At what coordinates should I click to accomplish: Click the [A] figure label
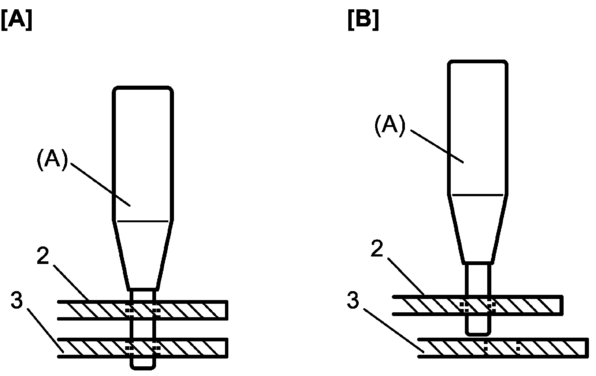[x=16, y=21]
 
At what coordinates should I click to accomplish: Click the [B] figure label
[x=364, y=21]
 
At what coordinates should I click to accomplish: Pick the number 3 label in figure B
[x=353, y=300]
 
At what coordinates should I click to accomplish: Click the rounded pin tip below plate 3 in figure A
[x=143, y=363]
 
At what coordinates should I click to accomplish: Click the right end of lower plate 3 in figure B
[x=587, y=348]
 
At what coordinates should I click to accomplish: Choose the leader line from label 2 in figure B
[x=406, y=275]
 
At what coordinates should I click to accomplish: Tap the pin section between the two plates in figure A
[x=142, y=329]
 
